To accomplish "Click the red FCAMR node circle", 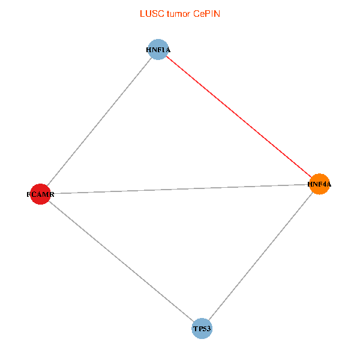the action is pos(40,194).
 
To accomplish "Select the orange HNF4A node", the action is pos(319,184).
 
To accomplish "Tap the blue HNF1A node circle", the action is pos(157,50).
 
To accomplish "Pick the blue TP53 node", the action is pos(202,329).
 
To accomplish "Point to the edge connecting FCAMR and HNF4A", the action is pos(180,189).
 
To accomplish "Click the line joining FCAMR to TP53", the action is pos(121,261).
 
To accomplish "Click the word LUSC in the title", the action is pos(149,14).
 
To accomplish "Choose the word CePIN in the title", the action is pos(206,14).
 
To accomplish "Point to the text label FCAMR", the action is pos(40,194).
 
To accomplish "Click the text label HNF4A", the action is pos(319,185).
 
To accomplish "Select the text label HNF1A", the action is pos(158,50).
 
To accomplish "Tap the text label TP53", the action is pos(202,329).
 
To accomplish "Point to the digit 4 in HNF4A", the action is pos(322,185).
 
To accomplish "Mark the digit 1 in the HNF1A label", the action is pos(161,50).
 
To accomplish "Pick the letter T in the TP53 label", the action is pos(196,329).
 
